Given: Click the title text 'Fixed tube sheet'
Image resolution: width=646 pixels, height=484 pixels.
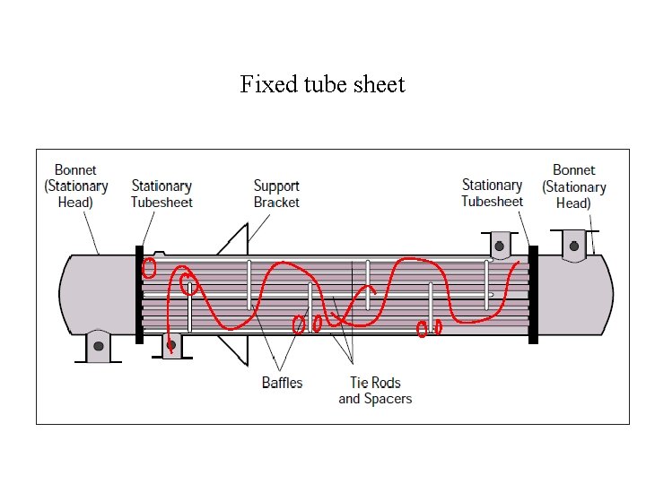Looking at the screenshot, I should coord(322,85).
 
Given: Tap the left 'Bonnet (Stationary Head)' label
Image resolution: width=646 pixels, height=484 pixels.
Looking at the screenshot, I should coord(75,186).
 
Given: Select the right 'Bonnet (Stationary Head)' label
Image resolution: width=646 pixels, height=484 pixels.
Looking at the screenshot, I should coord(574,186).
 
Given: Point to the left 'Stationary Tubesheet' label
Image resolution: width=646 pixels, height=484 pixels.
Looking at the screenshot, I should coord(161,194).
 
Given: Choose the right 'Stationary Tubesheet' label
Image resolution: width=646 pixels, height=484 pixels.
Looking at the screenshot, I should coord(492,193).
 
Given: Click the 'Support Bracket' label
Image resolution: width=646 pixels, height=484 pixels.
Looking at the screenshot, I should coord(276,194).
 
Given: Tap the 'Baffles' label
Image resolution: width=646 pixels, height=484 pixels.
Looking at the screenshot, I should coord(282,383).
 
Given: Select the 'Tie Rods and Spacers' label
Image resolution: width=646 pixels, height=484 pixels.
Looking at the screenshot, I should coord(375,391).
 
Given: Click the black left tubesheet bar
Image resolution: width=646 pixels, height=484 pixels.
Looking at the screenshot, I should coord(139,294).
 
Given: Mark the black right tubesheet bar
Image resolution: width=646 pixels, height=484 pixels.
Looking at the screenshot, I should coord(533,294).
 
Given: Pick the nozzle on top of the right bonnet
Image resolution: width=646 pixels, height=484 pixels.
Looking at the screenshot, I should coord(572,243).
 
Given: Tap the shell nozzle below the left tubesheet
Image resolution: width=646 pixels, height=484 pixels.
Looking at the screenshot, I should coord(170,344).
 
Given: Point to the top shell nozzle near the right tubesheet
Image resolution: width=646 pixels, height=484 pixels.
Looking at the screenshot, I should coord(499,244).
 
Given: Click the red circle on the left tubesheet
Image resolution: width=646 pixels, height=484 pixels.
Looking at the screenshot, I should coord(150,267).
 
